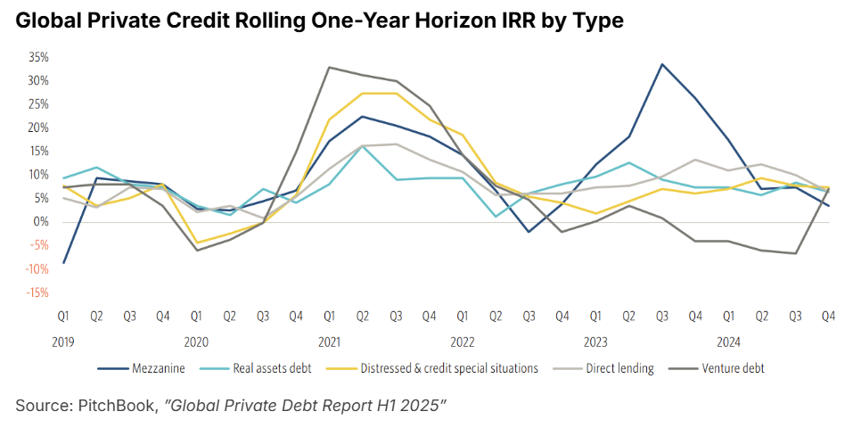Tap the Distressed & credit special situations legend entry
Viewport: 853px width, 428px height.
tap(449, 367)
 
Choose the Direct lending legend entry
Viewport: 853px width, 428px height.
tap(620, 367)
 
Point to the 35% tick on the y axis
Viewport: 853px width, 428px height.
tap(37, 57)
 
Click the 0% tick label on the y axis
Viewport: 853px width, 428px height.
tap(40, 222)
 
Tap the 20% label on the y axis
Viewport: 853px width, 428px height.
tap(37, 128)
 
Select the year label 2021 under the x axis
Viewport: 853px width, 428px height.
tap(330, 341)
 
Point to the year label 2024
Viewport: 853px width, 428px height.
tap(728, 341)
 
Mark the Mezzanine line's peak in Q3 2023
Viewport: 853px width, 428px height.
tap(661, 64)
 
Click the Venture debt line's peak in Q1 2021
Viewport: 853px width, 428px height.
tap(329, 67)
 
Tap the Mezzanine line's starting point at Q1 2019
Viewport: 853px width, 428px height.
tap(64, 262)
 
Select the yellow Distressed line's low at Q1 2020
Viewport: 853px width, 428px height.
tap(197, 243)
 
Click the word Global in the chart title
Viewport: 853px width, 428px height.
tap(44, 21)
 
